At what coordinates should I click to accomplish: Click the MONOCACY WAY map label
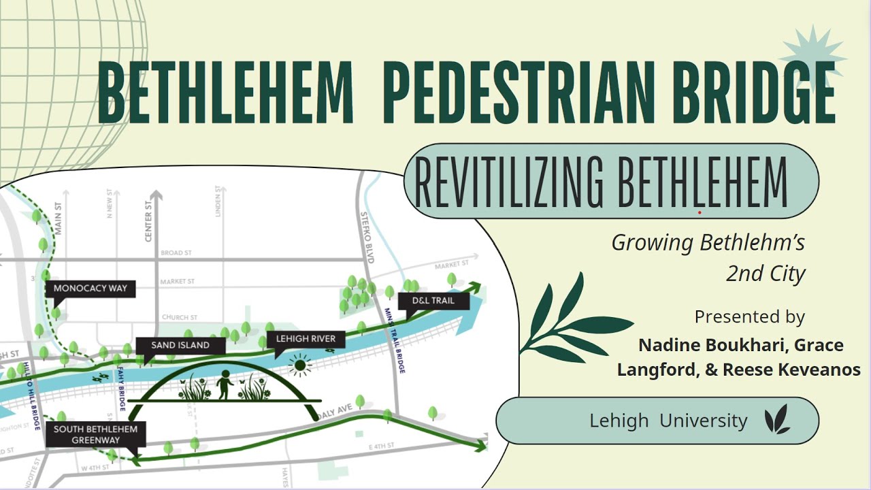tap(91, 289)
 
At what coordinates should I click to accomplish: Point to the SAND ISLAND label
tap(180, 345)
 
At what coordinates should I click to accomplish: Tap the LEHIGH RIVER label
tap(306, 338)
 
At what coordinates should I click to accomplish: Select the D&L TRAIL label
tap(433, 300)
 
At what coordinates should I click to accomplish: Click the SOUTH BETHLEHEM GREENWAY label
tap(95, 434)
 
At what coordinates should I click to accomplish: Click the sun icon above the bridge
tap(299, 365)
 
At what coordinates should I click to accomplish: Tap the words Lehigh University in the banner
tap(668, 421)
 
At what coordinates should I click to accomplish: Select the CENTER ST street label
tap(148, 223)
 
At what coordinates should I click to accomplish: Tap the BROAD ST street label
tap(176, 253)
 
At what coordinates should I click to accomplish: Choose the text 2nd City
tap(766, 274)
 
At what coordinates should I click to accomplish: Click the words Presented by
tap(749, 316)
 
